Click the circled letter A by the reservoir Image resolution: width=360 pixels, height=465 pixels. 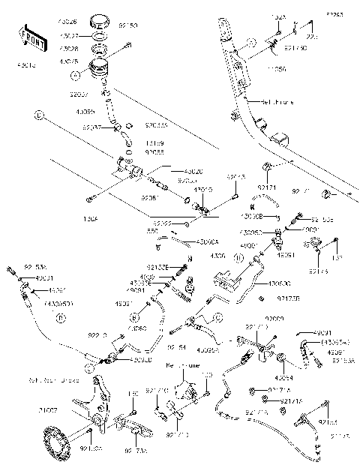coord(74,74)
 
